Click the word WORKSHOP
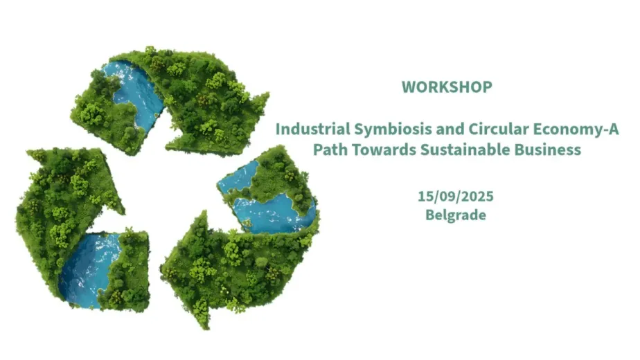click(447, 87)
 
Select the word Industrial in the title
click(313, 129)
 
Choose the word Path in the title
click(330, 150)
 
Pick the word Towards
click(384, 150)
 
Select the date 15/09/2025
click(456, 197)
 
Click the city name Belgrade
click(456, 215)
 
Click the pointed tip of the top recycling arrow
click(268, 94)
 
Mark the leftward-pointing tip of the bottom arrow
click(162, 269)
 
